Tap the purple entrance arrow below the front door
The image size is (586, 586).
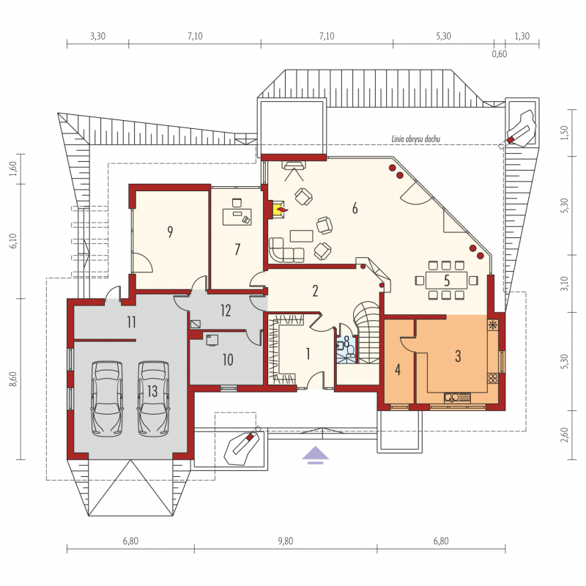[316, 455]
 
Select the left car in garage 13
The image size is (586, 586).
[107, 398]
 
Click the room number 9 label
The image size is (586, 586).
[170, 231]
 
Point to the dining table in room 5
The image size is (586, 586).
[446, 281]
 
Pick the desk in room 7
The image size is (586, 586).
[237, 217]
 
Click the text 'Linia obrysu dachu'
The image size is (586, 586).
[416, 139]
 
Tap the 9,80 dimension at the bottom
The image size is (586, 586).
[286, 541]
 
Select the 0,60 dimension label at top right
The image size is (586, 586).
[500, 53]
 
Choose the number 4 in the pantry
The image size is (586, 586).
[398, 370]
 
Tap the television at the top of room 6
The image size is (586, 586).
[294, 165]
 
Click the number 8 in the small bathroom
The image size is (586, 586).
[346, 341]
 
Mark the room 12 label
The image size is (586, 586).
[226, 311]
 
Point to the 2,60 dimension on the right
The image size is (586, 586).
[564, 434]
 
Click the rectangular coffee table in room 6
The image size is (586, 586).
[302, 236]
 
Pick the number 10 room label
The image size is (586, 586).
[228, 360]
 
